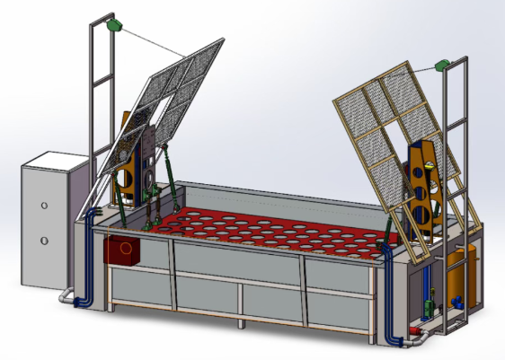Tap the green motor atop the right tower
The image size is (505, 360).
point(441,66)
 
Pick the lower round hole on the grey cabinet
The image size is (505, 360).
point(44,240)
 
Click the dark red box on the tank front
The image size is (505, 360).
point(122,250)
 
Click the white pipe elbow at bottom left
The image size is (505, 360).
point(66,295)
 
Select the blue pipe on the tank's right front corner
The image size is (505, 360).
point(388,296)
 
